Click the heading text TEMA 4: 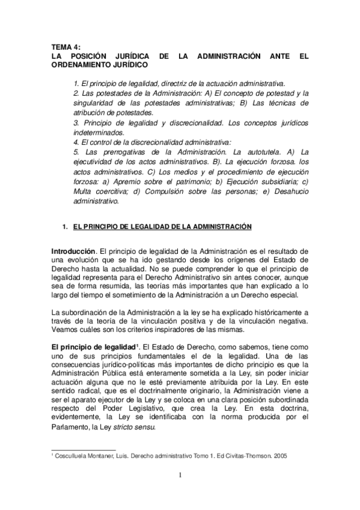(65, 46)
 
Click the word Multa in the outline (82, 191)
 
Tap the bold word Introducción (73, 250)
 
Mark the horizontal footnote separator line (84, 449)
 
